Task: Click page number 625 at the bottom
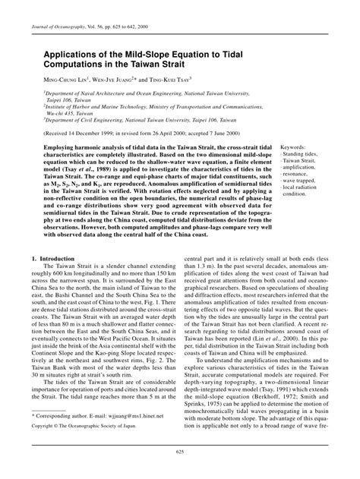180,472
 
